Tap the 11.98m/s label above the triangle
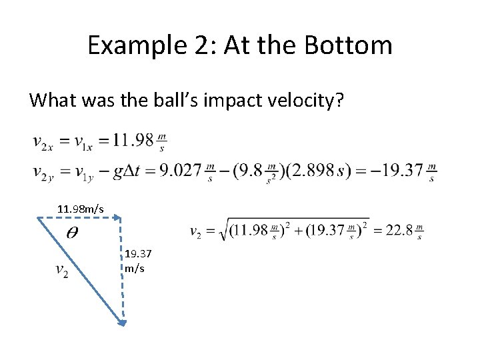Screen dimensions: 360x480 click(81, 209)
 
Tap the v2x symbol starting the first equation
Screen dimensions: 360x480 click(44, 142)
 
